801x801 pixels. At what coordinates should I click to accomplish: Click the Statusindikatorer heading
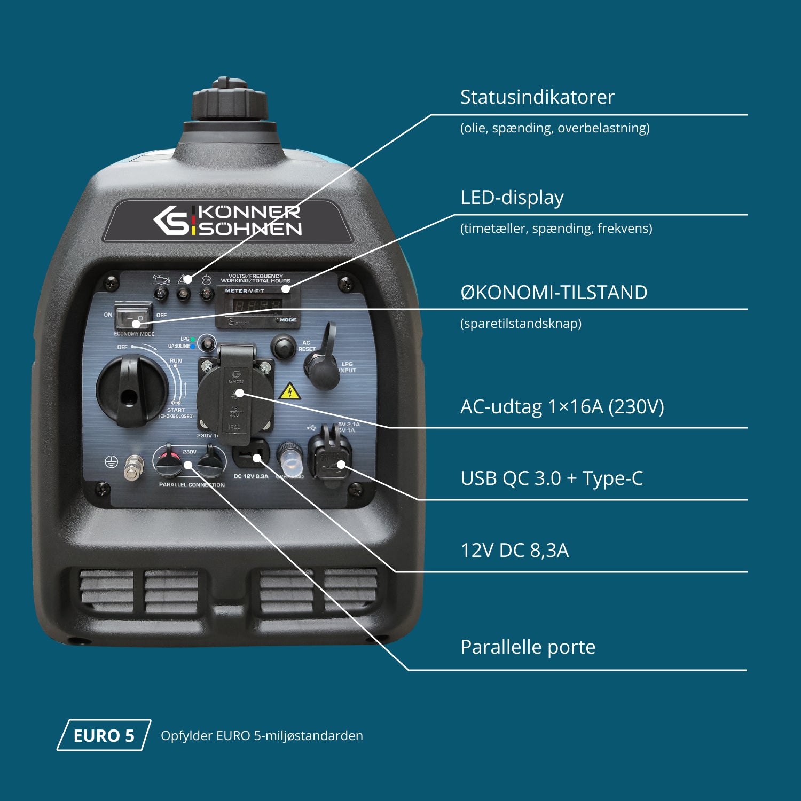click(537, 97)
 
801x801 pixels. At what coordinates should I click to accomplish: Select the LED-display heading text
click(512, 198)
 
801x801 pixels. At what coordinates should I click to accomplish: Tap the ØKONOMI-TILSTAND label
click(553, 293)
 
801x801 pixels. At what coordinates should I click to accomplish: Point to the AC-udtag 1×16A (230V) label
click(562, 407)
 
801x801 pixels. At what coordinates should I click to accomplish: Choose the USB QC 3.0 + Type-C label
click(551, 478)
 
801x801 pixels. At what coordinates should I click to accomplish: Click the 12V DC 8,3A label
click(514, 551)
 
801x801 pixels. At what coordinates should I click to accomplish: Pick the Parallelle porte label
click(528, 647)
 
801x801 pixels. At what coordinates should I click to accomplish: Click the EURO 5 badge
click(104, 735)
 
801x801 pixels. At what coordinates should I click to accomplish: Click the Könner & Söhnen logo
click(227, 221)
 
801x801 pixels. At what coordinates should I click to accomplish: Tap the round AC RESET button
click(283, 346)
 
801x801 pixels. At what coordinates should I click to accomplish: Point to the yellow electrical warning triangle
click(289, 391)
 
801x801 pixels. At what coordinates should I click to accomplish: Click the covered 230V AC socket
click(235, 395)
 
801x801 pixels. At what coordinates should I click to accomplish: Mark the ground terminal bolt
click(133, 467)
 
